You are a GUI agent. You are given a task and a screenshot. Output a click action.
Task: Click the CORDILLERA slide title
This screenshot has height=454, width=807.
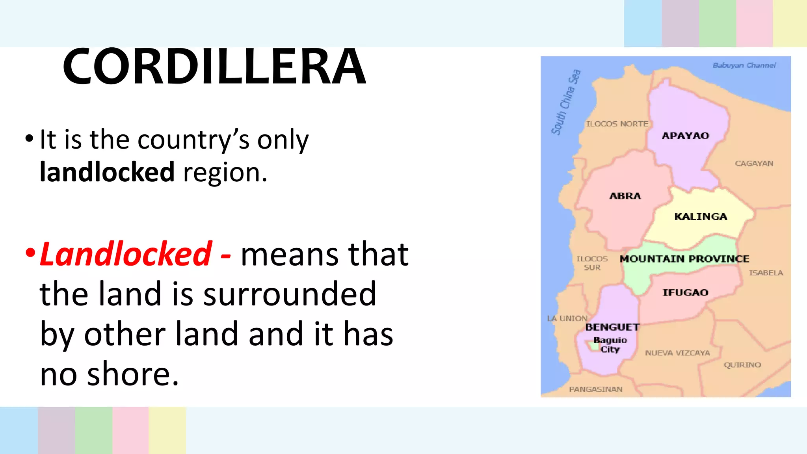point(215,66)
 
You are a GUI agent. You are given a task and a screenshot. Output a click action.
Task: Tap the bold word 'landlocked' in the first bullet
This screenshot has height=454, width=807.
point(107,172)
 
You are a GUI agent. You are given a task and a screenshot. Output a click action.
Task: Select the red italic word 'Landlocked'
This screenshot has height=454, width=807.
point(126,254)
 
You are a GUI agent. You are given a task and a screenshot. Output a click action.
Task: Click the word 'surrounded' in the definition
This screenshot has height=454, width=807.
point(290,294)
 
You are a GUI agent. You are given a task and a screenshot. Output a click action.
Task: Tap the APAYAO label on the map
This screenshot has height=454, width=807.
point(685,136)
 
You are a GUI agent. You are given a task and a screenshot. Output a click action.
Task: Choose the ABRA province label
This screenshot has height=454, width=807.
point(625,196)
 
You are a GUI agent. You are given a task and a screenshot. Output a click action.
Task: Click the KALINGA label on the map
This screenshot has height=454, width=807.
point(701,216)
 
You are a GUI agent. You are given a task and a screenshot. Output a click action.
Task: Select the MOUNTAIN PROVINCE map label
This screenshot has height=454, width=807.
point(684,259)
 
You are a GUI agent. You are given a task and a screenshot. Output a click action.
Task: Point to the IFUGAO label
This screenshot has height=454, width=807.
point(685,292)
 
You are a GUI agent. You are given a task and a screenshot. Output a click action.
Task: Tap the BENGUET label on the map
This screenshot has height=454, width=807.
point(612,327)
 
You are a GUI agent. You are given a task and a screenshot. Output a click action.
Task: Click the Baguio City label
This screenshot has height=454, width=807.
point(610,344)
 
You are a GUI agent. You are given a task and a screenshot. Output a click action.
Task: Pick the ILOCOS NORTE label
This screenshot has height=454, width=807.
point(617,124)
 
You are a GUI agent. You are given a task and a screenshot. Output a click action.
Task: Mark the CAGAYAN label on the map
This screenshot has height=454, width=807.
point(754,164)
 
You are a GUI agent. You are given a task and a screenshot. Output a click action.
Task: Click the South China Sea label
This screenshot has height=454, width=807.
point(566,102)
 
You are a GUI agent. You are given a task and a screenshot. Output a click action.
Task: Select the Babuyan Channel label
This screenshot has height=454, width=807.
point(744,65)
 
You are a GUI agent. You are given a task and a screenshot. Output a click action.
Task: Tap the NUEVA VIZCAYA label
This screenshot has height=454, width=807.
point(677,353)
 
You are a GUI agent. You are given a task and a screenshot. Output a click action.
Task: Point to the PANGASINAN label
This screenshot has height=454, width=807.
point(595,389)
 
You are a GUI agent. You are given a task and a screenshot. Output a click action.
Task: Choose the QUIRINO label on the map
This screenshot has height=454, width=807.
point(742,365)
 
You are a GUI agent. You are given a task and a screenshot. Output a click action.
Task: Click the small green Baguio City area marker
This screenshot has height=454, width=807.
point(592,346)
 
